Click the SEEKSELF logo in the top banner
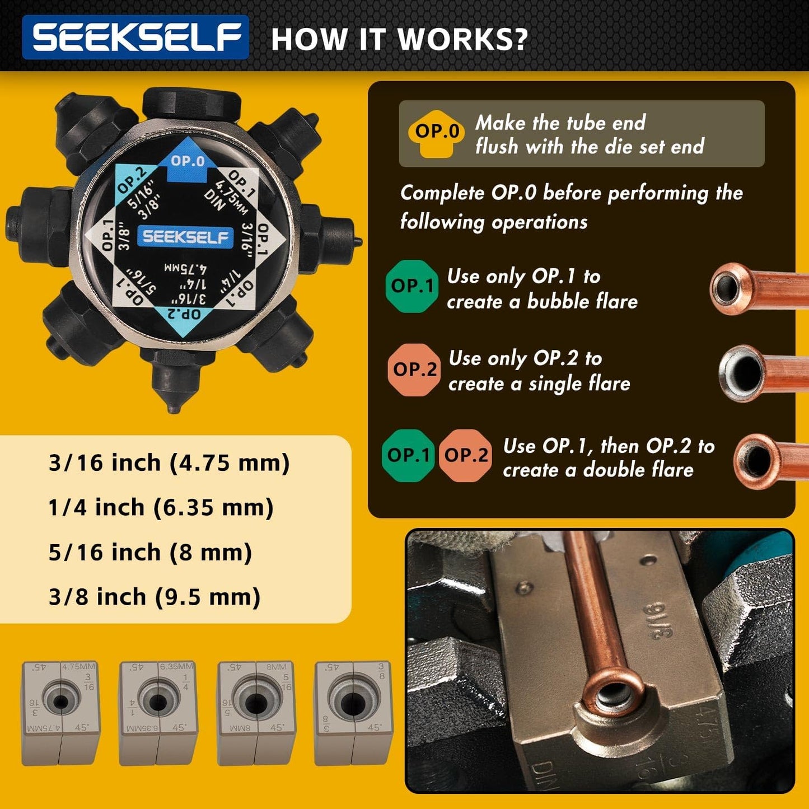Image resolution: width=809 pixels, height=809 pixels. click(x=135, y=37)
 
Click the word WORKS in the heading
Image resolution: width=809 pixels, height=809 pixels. click(x=462, y=39)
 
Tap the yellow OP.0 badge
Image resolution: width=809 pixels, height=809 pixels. click(x=437, y=132)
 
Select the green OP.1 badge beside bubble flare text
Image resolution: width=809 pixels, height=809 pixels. click(x=412, y=286)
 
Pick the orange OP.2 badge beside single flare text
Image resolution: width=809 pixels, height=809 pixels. click(x=414, y=370)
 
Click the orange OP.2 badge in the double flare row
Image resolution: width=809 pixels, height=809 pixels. click(x=466, y=455)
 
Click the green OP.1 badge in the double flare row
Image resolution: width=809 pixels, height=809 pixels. click(x=409, y=455)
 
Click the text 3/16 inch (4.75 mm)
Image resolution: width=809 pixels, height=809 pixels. click(x=169, y=463)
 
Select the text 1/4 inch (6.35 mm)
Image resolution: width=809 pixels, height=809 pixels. click(x=161, y=508)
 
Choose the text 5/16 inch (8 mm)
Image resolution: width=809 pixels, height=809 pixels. click(x=150, y=553)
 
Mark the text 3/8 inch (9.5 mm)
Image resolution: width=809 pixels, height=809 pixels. click(x=155, y=597)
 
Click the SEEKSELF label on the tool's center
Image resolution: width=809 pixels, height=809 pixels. click(x=184, y=237)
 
